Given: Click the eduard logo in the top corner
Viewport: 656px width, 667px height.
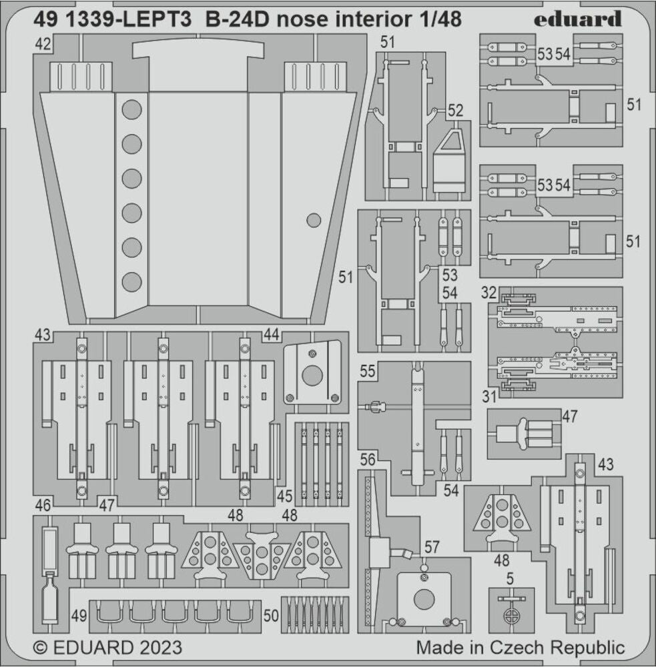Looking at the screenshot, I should [577, 19].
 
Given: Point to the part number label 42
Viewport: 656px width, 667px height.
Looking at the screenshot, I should [43, 44].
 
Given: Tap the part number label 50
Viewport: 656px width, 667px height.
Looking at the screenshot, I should [271, 615].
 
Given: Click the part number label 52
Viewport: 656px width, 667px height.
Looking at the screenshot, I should [455, 111].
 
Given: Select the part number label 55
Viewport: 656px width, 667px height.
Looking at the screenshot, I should [368, 372].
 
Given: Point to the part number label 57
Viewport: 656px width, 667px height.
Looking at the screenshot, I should [432, 548].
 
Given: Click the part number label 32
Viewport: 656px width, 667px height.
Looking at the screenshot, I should [488, 293].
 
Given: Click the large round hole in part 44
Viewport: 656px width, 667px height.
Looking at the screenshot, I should [312, 376].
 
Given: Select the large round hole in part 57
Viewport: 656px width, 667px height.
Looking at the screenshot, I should [424, 600].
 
